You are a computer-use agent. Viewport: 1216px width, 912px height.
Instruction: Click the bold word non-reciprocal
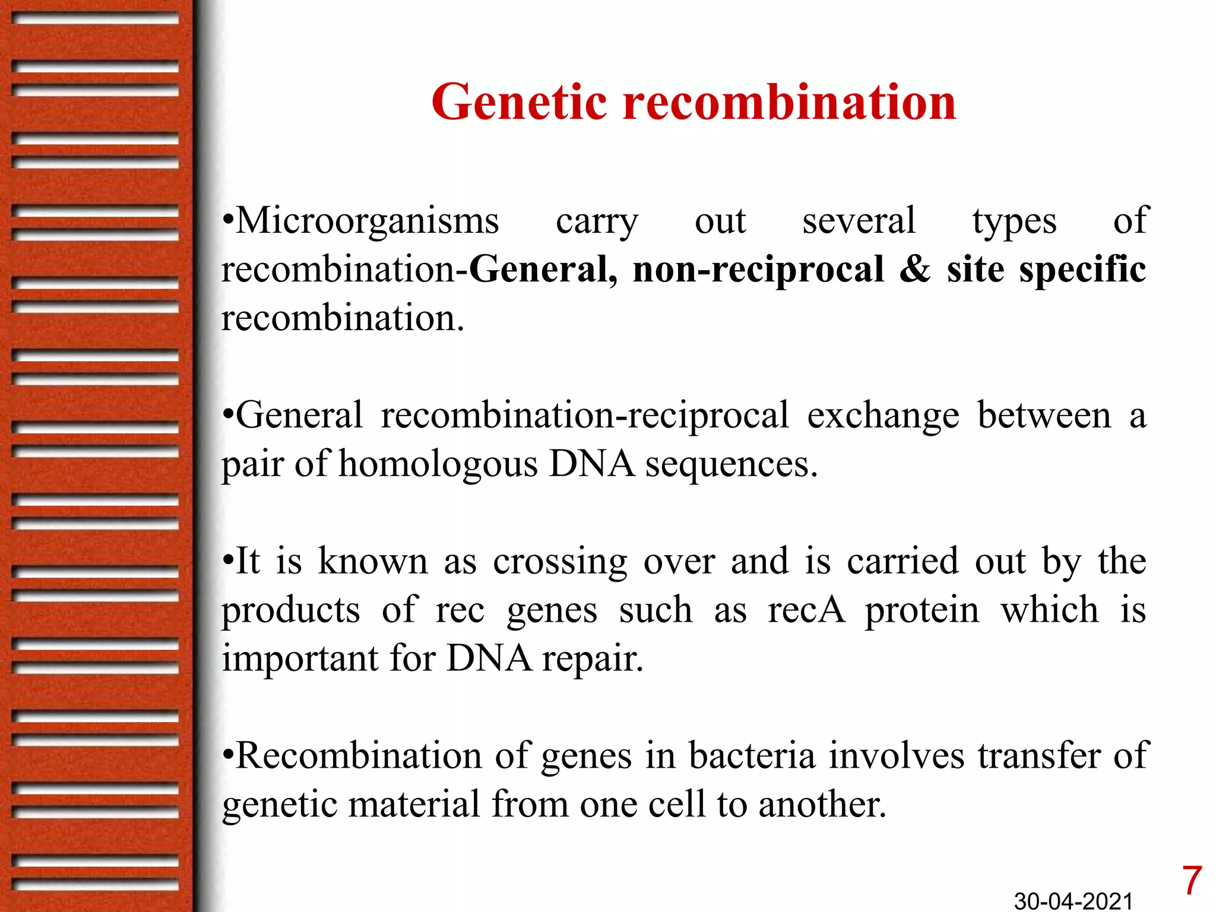(x=758, y=270)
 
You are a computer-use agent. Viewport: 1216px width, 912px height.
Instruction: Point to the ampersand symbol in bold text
(x=915, y=270)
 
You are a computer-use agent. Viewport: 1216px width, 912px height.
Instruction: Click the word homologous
(x=438, y=464)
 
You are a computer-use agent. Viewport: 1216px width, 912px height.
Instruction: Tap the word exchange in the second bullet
(x=882, y=416)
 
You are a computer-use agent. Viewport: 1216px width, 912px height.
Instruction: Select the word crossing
(x=559, y=562)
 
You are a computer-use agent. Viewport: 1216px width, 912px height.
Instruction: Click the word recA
(x=806, y=610)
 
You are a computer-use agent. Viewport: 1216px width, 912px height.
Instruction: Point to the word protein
(x=921, y=611)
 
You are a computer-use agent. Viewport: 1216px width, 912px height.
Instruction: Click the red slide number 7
(x=1191, y=881)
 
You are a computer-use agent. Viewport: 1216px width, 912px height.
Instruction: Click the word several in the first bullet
(x=859, y=221)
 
